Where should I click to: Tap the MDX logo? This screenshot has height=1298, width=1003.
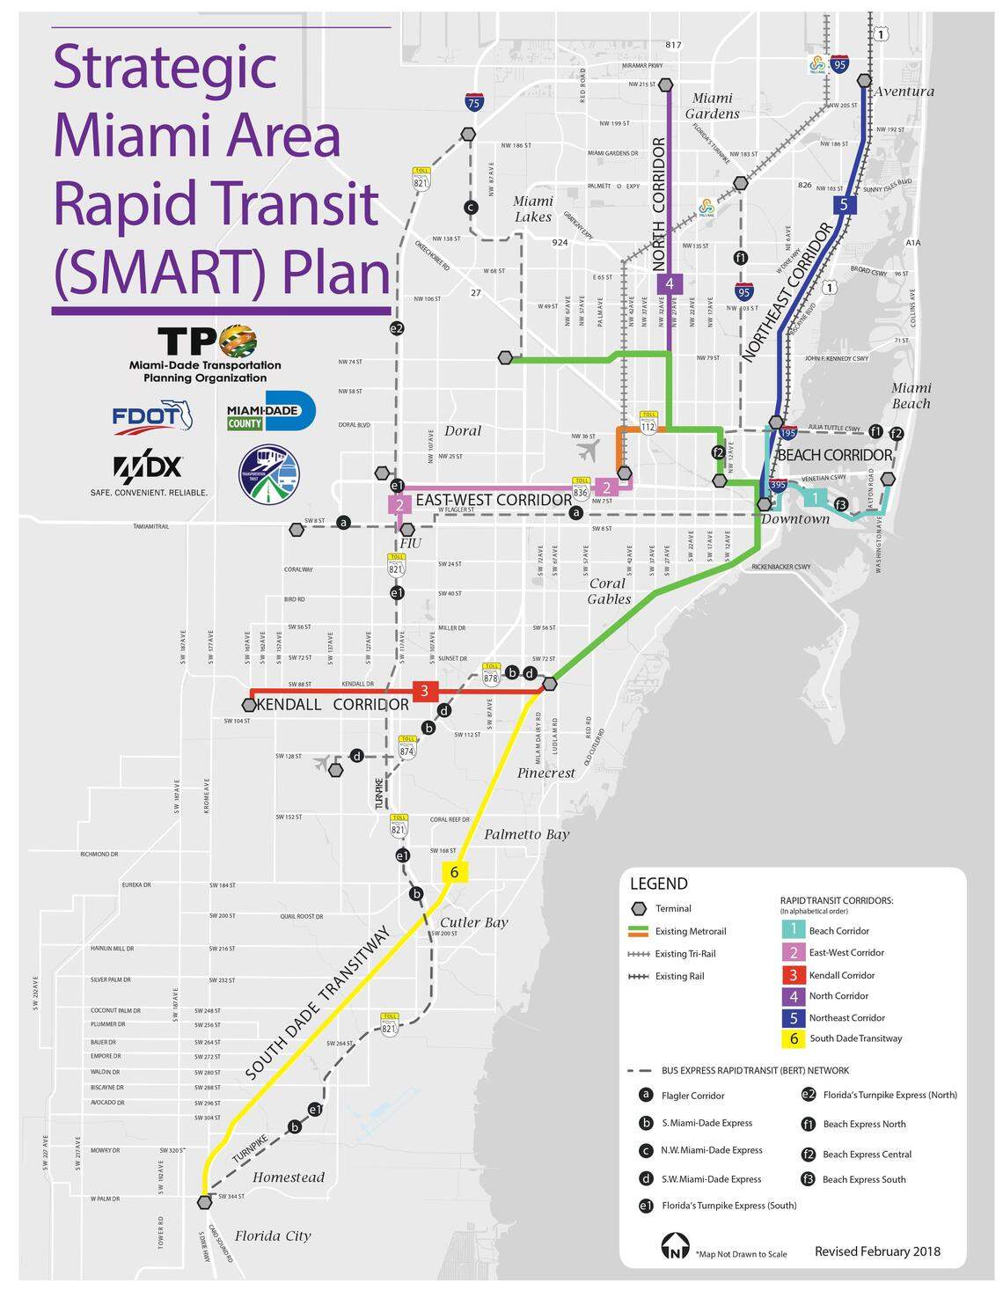[x=147, y=467]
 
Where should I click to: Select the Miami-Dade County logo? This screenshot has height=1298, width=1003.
[x=271, y=411]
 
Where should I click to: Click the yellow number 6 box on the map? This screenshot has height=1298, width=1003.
[x=454, y=872]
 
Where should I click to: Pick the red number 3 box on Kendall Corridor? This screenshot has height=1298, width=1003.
[x=424, y=691]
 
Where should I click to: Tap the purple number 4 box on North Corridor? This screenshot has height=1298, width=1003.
[x=670, y=283]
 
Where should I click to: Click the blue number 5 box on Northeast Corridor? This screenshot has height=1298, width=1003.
[x=843, y=205]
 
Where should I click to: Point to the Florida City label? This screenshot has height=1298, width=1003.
[x=273, y=1236]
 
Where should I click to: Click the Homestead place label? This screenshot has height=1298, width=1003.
[x=289, y=1177]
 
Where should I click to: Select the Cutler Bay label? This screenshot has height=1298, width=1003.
[x=474, y=922]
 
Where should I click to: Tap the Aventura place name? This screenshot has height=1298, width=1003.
[x=904, y=92]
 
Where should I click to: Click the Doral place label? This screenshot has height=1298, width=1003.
[x=463, y=430]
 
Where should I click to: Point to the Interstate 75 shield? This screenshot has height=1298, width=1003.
[x=473, y=101]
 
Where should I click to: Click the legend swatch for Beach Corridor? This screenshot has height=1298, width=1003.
[x=793, y=930]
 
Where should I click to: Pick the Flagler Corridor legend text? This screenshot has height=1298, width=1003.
[x=694, y=1096]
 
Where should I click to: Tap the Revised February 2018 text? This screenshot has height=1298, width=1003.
[x=877, y=1251]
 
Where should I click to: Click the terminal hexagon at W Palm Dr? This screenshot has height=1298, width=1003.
[x=205, y=1201]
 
